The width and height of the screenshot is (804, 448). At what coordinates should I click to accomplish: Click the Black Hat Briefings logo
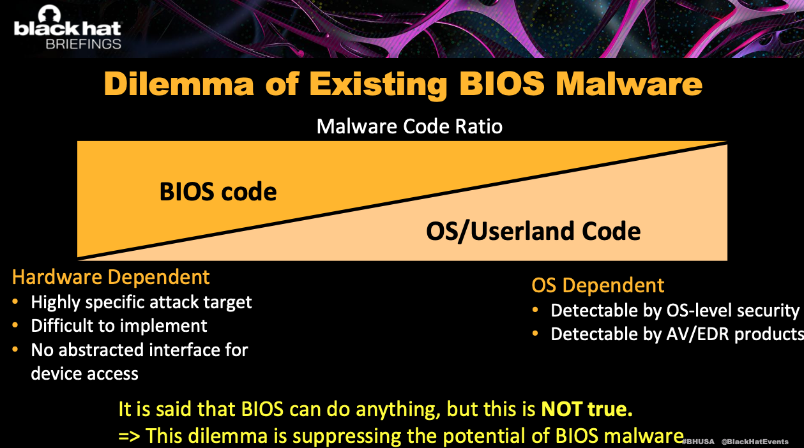(x=68, y=27)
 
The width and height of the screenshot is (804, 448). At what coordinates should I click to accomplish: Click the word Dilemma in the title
(x=179, y=84)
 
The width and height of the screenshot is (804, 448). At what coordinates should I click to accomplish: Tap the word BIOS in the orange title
(x=502, y=84)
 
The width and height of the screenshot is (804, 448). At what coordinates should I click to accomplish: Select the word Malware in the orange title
(x=628, y=84)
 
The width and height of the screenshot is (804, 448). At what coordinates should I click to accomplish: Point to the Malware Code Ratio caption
(x=409, y=126)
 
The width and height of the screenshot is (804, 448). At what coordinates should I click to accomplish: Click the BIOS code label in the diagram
(x=218, y=191)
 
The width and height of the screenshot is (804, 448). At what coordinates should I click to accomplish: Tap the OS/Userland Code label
(x=533, y=231)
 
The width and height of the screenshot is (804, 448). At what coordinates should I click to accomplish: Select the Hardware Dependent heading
(x=110, y=277)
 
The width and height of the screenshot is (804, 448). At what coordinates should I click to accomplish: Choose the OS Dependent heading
(x=598, y=285)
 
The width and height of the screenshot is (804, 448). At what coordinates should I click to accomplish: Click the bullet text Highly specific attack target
(x=141, y=302)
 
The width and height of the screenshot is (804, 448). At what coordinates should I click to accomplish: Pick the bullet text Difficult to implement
(x=119, y=326)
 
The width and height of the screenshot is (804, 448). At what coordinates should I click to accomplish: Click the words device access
(x=85, y=374)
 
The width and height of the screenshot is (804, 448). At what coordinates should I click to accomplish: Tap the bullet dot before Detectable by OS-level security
(x=535, y=310)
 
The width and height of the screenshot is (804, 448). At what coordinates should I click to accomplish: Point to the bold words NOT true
(x=587, y=409)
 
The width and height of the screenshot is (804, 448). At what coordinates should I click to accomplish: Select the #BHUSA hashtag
(x=698, y=442)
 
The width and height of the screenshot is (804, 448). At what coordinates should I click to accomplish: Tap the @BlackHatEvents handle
(x=755, y=442)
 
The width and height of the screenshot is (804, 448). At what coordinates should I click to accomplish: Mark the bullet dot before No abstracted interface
(x=15, y=349)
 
